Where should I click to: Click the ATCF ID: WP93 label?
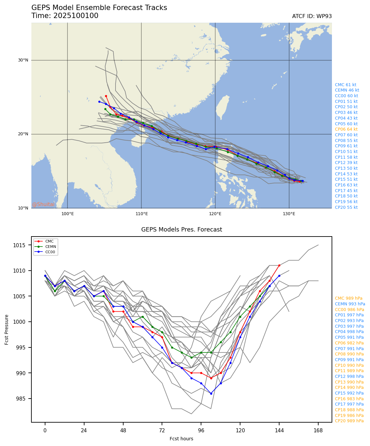(312, 16)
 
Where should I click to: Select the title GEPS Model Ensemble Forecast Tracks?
(99, 8)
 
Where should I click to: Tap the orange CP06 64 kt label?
(346, 129)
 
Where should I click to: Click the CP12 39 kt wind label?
(346, 163)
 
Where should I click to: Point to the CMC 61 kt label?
(345, 85)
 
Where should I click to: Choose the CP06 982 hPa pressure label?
(349, 343)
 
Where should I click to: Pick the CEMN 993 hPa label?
(350, 304)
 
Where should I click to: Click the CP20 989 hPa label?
(349, 421)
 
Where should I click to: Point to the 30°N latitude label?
(23, 60)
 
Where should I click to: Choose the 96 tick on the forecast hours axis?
(201, 430)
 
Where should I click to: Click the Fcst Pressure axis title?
(7, 329)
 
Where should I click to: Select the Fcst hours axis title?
(181, 439)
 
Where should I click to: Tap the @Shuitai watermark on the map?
(43, 204)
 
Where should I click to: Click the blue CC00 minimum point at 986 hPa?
(211, 394)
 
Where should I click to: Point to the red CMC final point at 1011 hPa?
(279, 265)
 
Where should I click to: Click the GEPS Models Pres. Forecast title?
(181, 230)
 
